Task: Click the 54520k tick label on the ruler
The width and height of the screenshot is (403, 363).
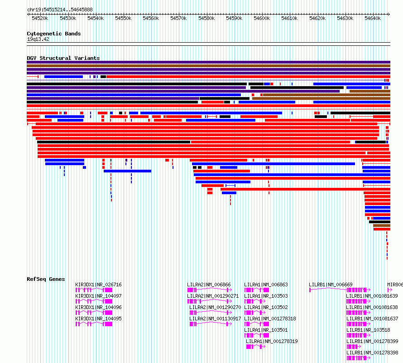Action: point(40,18)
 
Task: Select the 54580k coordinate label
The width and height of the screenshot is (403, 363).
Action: point(206,18)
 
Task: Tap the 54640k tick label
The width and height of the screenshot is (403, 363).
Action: point(373,18)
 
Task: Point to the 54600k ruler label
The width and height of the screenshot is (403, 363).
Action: point(262,18)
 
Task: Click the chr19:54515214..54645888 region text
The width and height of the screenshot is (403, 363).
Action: point(60,10)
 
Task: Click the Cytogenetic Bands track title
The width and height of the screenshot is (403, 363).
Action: point(54,34)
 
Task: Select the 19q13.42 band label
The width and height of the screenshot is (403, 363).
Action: point(38,39)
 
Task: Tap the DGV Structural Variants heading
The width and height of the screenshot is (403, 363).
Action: point(63,58)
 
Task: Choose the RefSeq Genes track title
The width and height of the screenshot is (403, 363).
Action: point(46,279)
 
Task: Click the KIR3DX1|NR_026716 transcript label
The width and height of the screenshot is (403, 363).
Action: point(98,285)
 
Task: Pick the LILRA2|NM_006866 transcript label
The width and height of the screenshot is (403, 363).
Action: point(209,285)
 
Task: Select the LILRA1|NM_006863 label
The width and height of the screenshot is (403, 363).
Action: point(266,285)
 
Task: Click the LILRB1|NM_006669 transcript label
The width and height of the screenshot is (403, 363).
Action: point(331,285)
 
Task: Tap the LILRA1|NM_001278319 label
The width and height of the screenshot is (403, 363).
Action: point(272,341)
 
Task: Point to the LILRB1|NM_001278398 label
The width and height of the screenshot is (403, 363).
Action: point(372,353)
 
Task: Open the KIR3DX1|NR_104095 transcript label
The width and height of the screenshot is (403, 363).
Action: point(98,319)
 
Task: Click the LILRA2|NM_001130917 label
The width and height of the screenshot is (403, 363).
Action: point(215,319)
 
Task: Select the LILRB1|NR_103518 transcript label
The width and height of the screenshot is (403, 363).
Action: point(368,330)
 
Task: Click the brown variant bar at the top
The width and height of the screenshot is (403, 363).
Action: point(208,66)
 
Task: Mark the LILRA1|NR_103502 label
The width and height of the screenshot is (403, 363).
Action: point(266,307)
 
